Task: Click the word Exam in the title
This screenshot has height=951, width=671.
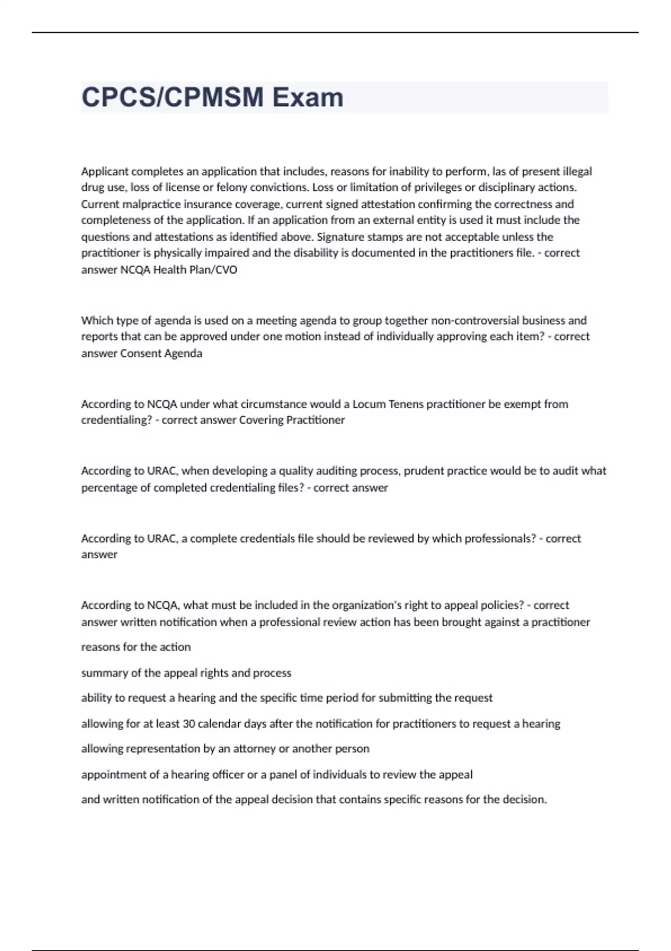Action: [x=308, y=97]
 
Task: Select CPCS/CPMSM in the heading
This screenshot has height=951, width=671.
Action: [x=172, y=97]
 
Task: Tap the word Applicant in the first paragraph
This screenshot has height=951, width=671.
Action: [x=105, y=171]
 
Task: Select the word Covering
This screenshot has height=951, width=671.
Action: [x=261, y=420]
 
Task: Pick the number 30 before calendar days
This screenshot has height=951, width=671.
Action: [x=189, y=724]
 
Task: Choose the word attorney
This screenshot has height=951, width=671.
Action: [x=254, y=748]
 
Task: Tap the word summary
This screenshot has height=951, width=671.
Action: [x=105, y=673]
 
